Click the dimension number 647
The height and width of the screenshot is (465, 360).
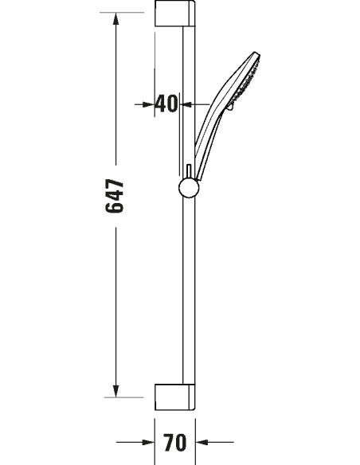[x=116, y=196]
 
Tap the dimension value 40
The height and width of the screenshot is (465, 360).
[x=166, y=104]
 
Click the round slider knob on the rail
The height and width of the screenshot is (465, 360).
[x=188, y=189]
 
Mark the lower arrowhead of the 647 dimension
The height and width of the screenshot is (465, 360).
[x=116, y=389]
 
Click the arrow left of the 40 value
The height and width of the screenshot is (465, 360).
[x=148, y=104]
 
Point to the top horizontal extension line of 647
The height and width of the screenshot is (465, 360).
[x=127, y=11]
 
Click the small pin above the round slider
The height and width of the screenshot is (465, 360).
[x=187, y=171]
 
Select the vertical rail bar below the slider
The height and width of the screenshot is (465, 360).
[x=188, y=295]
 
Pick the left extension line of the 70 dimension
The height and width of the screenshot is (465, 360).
[x=155, y=430]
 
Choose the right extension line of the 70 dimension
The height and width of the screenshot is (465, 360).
[x=195, y=430]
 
